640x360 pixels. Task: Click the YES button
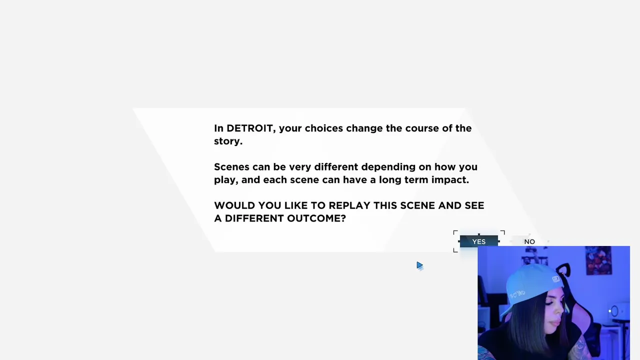point(479,241)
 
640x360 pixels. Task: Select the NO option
point(529,241)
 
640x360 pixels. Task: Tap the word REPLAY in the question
point(349,205)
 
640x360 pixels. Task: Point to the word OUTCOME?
point(316,218)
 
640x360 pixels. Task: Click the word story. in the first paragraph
point(228,141)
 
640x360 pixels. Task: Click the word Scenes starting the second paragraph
point(231,167)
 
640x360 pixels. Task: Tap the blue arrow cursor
point(419,265)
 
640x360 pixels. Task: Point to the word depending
point(388,167)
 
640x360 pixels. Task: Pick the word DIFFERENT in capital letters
point(254,218)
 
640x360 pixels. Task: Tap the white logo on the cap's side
point(555,279)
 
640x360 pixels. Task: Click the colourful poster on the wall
point(598,260)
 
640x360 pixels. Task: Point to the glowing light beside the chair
point(609,311)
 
